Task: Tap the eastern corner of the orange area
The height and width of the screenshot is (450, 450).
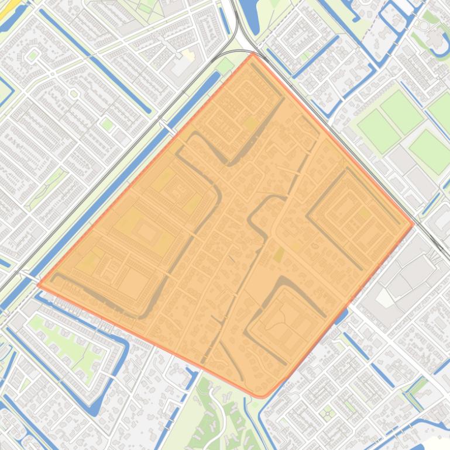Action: (413, 223)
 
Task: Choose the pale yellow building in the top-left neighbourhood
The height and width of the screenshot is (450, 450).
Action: (187, 55)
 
